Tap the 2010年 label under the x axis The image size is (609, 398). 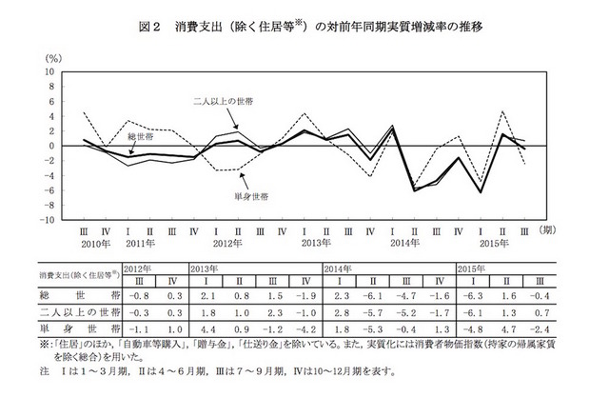coord(96,244)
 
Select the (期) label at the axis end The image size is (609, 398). coord(549,230)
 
